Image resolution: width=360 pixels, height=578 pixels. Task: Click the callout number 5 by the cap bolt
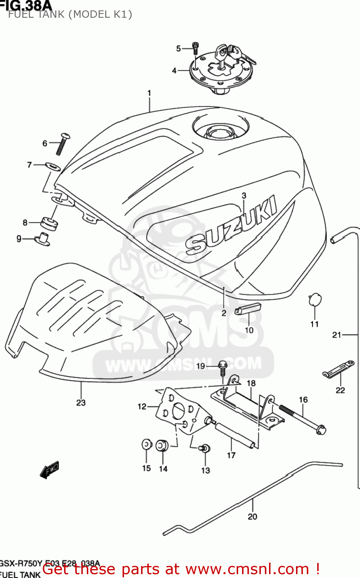click(x=178, y=49)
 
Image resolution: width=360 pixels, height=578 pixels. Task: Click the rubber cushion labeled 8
click(x=49, y=223)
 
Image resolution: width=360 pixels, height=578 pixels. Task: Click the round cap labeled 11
click(x=315, y=299)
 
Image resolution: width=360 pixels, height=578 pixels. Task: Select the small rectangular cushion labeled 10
click(x=248, y=309)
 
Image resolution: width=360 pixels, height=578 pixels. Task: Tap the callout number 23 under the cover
click(x=81, y=403)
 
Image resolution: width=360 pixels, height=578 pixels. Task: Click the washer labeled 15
click(x=146, y=445)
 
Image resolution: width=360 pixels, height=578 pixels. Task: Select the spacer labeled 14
click(x=162, y=445)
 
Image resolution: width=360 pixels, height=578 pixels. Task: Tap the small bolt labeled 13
click(x=205, y=448)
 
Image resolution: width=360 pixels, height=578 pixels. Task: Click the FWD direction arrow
click(x=50, y=470)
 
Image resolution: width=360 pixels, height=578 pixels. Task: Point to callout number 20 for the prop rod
click(x=252, y=517)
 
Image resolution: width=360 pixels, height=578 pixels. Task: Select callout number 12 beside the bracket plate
click(x=142, y=406)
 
